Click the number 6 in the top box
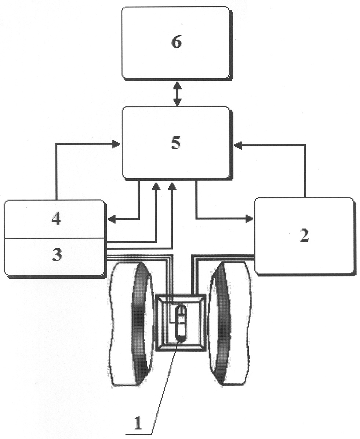coord(177,43)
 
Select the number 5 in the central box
coord(176,143)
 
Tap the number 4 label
coord(56,219)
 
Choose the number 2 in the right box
coord(304,236)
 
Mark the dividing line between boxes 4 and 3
coord(55,238)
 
